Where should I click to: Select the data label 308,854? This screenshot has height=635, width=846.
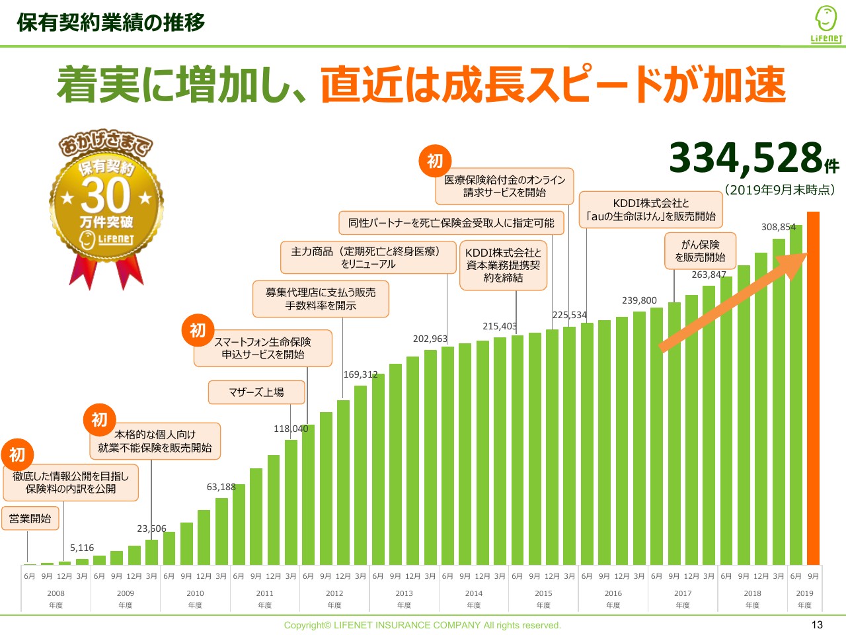(779, 227)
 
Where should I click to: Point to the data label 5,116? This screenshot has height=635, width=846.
(82, 548)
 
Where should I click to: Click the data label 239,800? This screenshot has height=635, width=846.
(639, 300)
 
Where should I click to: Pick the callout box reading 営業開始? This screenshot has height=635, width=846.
(30, 519)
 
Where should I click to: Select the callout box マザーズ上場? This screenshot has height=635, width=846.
(256, 392)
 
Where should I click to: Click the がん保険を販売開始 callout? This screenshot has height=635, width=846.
(700, 251)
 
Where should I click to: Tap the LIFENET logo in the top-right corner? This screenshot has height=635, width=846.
(826, 25)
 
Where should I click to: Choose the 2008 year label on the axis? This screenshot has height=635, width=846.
(56, 593)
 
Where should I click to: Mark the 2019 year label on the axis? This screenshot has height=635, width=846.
(804, 593)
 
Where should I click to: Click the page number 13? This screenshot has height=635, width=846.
(817, 625)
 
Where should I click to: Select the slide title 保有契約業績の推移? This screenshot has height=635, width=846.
(111, 22)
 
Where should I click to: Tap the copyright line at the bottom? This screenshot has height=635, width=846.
(422, 625)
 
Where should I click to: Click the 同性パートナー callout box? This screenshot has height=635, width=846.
(451, 223)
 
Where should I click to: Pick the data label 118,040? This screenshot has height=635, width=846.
(291, 429)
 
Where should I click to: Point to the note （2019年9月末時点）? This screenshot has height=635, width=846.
(780, 190)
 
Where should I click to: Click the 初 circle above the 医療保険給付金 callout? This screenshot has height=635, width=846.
(435, 161)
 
